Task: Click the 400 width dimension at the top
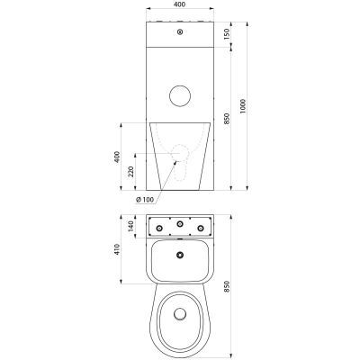point(180,4)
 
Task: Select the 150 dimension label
point(227,34)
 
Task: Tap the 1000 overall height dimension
point(243,106)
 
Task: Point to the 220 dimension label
point(131,171)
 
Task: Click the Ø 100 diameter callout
point(145,199)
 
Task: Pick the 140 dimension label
point(131,226)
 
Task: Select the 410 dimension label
point(117,249)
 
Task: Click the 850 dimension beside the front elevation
point(227,119)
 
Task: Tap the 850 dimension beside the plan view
point(227,286)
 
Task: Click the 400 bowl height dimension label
point(117,157)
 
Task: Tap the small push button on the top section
point(180,31)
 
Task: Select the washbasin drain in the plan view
point(180,255)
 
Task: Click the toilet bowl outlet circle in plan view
point(180,313)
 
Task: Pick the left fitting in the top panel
point(159,229)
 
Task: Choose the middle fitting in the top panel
point(180,223)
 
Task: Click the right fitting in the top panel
point(201,229)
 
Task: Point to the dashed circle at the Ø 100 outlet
point(180,145)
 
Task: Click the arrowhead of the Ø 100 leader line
point(175,162)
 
